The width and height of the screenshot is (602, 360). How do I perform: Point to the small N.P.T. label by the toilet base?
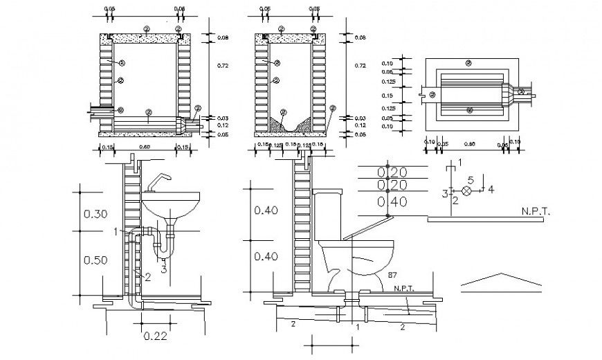404,288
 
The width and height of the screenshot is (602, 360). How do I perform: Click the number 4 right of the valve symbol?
490,189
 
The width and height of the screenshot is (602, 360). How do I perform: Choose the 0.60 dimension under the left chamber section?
144,147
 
